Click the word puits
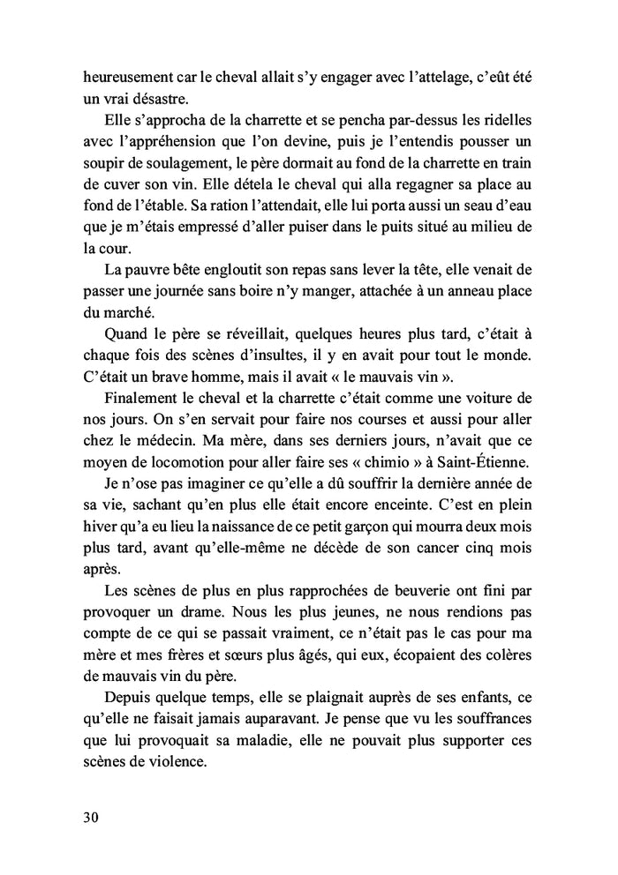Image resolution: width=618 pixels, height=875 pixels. coord(381,227)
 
